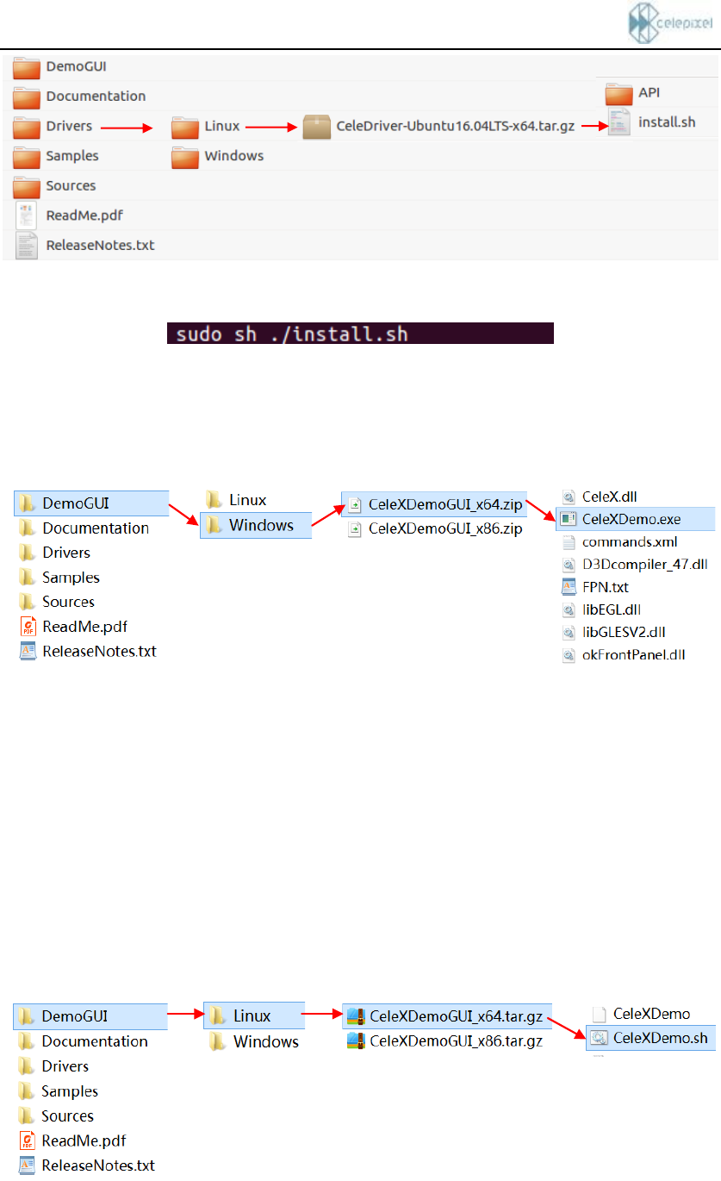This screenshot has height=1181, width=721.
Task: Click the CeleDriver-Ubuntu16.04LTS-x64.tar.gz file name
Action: point(456,126)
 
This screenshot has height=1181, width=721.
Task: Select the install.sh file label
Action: point(666,122)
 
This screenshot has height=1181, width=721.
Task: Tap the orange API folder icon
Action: point(618,93)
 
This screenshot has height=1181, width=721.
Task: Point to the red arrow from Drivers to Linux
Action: point(126,128)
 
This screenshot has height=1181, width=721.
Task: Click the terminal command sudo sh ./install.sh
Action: point(359,334)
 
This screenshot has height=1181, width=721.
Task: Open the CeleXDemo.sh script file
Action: point(660,1038)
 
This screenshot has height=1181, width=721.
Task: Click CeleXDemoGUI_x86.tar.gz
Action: point(456,1041)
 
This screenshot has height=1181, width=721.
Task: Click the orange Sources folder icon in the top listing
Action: point(28,186)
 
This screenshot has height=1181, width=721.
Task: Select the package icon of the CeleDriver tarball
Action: point(317,128)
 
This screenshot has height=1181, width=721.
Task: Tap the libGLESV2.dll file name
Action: point(624,633)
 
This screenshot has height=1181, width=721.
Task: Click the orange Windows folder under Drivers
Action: point(184,156)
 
